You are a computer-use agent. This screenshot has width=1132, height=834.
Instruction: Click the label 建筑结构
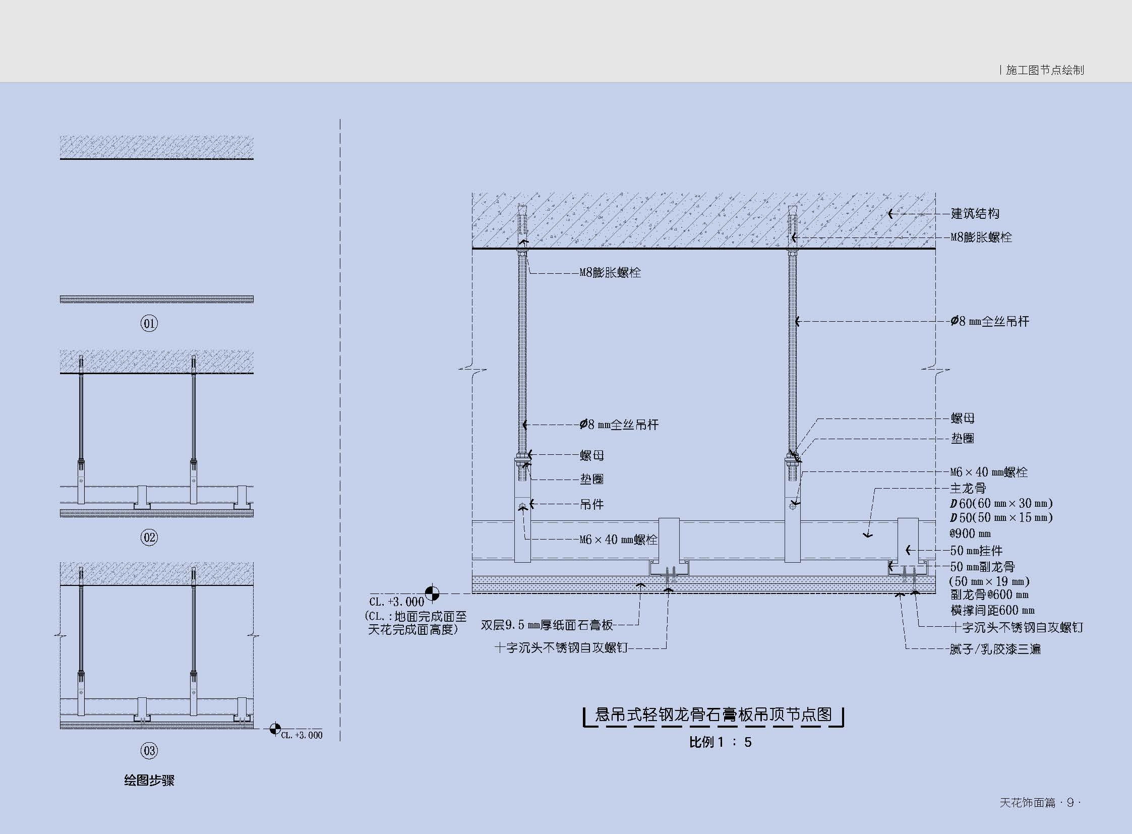click(x=975, y=214)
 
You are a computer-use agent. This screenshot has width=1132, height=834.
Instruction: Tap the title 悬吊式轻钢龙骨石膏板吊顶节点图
click(x=713, y=715)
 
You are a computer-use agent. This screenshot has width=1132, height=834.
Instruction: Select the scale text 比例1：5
click(x=721, y=742)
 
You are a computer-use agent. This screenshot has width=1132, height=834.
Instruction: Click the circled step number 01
click(x=149, y=323)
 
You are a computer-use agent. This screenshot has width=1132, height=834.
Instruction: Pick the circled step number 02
click(x=149, y=537)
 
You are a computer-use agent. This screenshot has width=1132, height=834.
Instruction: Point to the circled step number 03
click(x=149, y=751)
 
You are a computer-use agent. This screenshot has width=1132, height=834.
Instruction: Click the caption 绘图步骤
click(x=149, y=781)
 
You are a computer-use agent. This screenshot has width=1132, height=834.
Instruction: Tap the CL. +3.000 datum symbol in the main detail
click(x=432, y=593)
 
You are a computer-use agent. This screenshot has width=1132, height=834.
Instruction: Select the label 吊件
click(x=591, y=504)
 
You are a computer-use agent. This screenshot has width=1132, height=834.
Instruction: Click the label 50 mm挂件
click(x=976, y=550)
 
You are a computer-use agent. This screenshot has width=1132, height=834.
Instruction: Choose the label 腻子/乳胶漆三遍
click(x=995, y=649)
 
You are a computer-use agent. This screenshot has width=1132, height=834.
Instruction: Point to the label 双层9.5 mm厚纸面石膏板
click(x=547, y=625)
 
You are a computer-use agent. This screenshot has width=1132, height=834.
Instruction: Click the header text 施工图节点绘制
click(x=1045, y=70)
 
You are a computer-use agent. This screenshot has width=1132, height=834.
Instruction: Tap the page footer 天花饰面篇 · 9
click(x=1039, y=803)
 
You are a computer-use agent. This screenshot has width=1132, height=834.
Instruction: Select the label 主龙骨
click(x=968, y=488)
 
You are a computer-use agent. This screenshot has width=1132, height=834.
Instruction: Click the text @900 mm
click(x=970, y=533)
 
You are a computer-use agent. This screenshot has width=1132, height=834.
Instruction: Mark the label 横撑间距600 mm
click(x=992, y=610)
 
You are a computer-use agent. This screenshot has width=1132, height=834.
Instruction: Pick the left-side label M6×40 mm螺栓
click(x=618, y=540)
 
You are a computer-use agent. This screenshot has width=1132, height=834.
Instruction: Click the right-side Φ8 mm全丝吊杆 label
click(x=990, y=321)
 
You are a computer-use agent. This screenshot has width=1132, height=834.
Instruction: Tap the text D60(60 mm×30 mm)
click(x=1001, y=503)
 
